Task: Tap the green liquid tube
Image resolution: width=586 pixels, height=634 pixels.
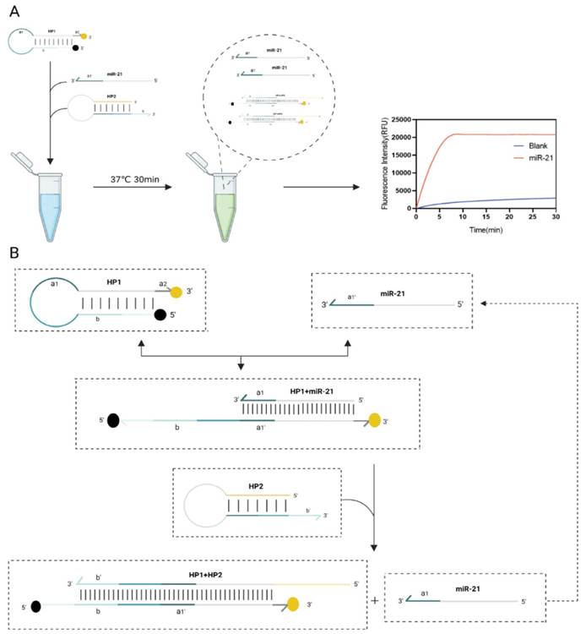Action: [220, 203]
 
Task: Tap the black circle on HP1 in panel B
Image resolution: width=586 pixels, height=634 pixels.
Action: [160, 316]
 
